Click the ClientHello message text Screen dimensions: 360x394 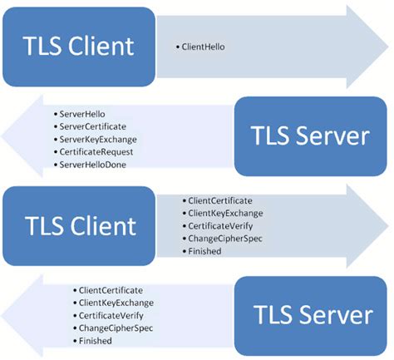click(203, 47)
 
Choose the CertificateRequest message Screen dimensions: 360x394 click(95, 152)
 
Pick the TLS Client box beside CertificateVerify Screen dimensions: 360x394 click(79, 224)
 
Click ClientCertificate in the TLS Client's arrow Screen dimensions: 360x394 click(221, 201)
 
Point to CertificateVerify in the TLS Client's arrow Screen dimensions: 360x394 click(219, 226)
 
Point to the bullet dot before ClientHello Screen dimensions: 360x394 click(180, 47)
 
